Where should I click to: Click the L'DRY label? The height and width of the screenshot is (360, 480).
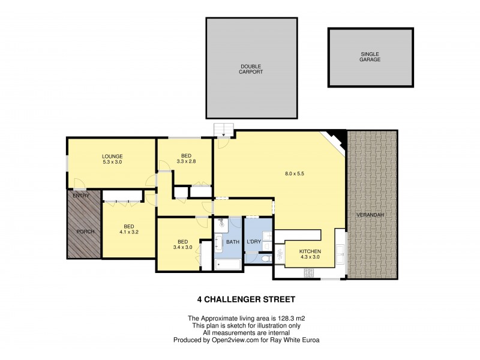254,241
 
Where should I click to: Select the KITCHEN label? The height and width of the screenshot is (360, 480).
310,251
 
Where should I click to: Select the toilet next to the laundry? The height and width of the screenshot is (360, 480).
266,259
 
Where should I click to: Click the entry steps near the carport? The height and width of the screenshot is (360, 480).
223,129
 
